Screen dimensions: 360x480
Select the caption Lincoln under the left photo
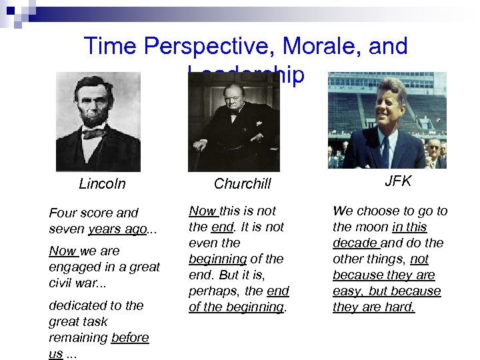(x=102, y=184)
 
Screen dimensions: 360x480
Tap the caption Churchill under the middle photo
(x=243, y=184)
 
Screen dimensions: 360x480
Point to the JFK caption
(x=398, y=181)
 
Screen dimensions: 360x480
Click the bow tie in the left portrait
(x=93, y=133)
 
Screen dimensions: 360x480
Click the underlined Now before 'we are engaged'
(x=63, y=251)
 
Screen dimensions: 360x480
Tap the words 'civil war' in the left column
(x=76, y=283)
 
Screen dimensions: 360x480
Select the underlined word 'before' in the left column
(x=130, y=337)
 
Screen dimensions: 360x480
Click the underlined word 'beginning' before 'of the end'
(x=217, y=259)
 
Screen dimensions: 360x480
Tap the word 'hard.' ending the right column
(x=400, y=307)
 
